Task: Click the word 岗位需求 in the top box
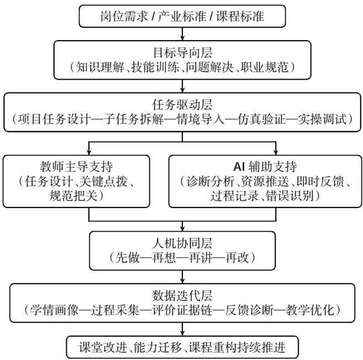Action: tap(124, 16)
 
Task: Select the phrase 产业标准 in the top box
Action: tap(182, 16)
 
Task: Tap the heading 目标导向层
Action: tap(183, 52)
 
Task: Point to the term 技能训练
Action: tap(155, 67)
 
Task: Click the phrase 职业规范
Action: tap(264, 67)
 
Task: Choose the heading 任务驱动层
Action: tap(182, 105)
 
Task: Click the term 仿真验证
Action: tap(261, 119)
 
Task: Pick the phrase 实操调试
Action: tap(322, 119)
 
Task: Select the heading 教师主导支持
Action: tap(77, 167)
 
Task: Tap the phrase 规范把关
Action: tap(73, 195)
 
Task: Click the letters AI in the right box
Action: tap(239, 167)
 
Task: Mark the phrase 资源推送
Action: tap(265, 181)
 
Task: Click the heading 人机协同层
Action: tap(182, 243)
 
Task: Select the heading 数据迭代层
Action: tap(182, 296)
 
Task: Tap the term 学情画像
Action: tap(54, 310)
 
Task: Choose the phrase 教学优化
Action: tap(310, 310)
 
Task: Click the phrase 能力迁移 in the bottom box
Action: tap(158, 347)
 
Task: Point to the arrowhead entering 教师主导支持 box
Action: tap(89, 152)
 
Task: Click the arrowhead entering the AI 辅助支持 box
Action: tap(276, 152)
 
